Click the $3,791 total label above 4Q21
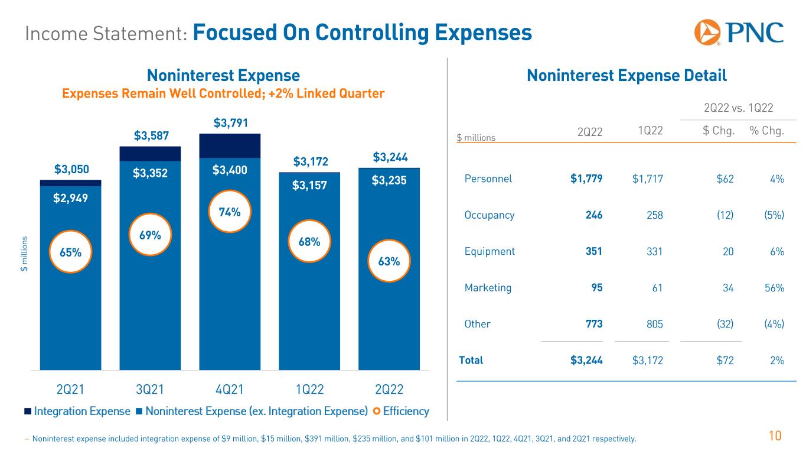pyautogui.click(x=230, y=124)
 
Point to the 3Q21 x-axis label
pyautogui.click(x=150, y=390)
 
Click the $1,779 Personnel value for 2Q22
pyautogui.click(x=586, y=179)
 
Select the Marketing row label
pyautogui.click(x=488, y=288)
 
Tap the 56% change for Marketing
pyautogui.click(x=773, y=288)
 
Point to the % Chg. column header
pyautogui.click(x=766, y=131)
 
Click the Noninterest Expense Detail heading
pyautogui.click(x=626, y=76)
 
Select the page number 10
pyautogui.click(x=775, y=436)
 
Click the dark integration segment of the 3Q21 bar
pyautogui.click(x=150, y=154)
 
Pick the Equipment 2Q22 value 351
pyautogui.click(x=593, y=251)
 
